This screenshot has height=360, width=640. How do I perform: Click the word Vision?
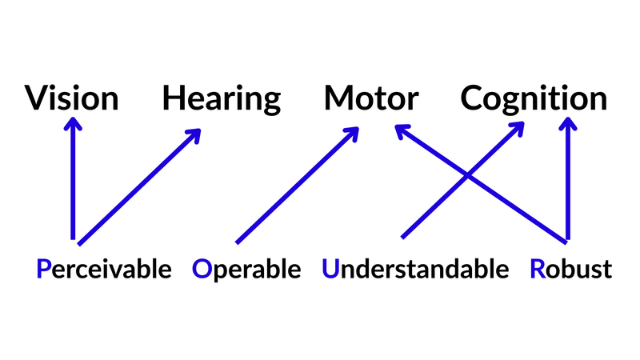tap(72, 99)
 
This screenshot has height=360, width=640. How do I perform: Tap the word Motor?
tap(371, 99)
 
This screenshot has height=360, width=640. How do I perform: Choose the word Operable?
tap(246, 270)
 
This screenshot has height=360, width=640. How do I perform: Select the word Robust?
tap(570, 270)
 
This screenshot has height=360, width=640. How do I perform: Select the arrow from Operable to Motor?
tap(296, 185)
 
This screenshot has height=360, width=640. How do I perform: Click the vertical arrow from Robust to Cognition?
tap(567, 184)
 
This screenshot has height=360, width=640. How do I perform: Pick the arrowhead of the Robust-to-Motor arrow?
tap(400, 130)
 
